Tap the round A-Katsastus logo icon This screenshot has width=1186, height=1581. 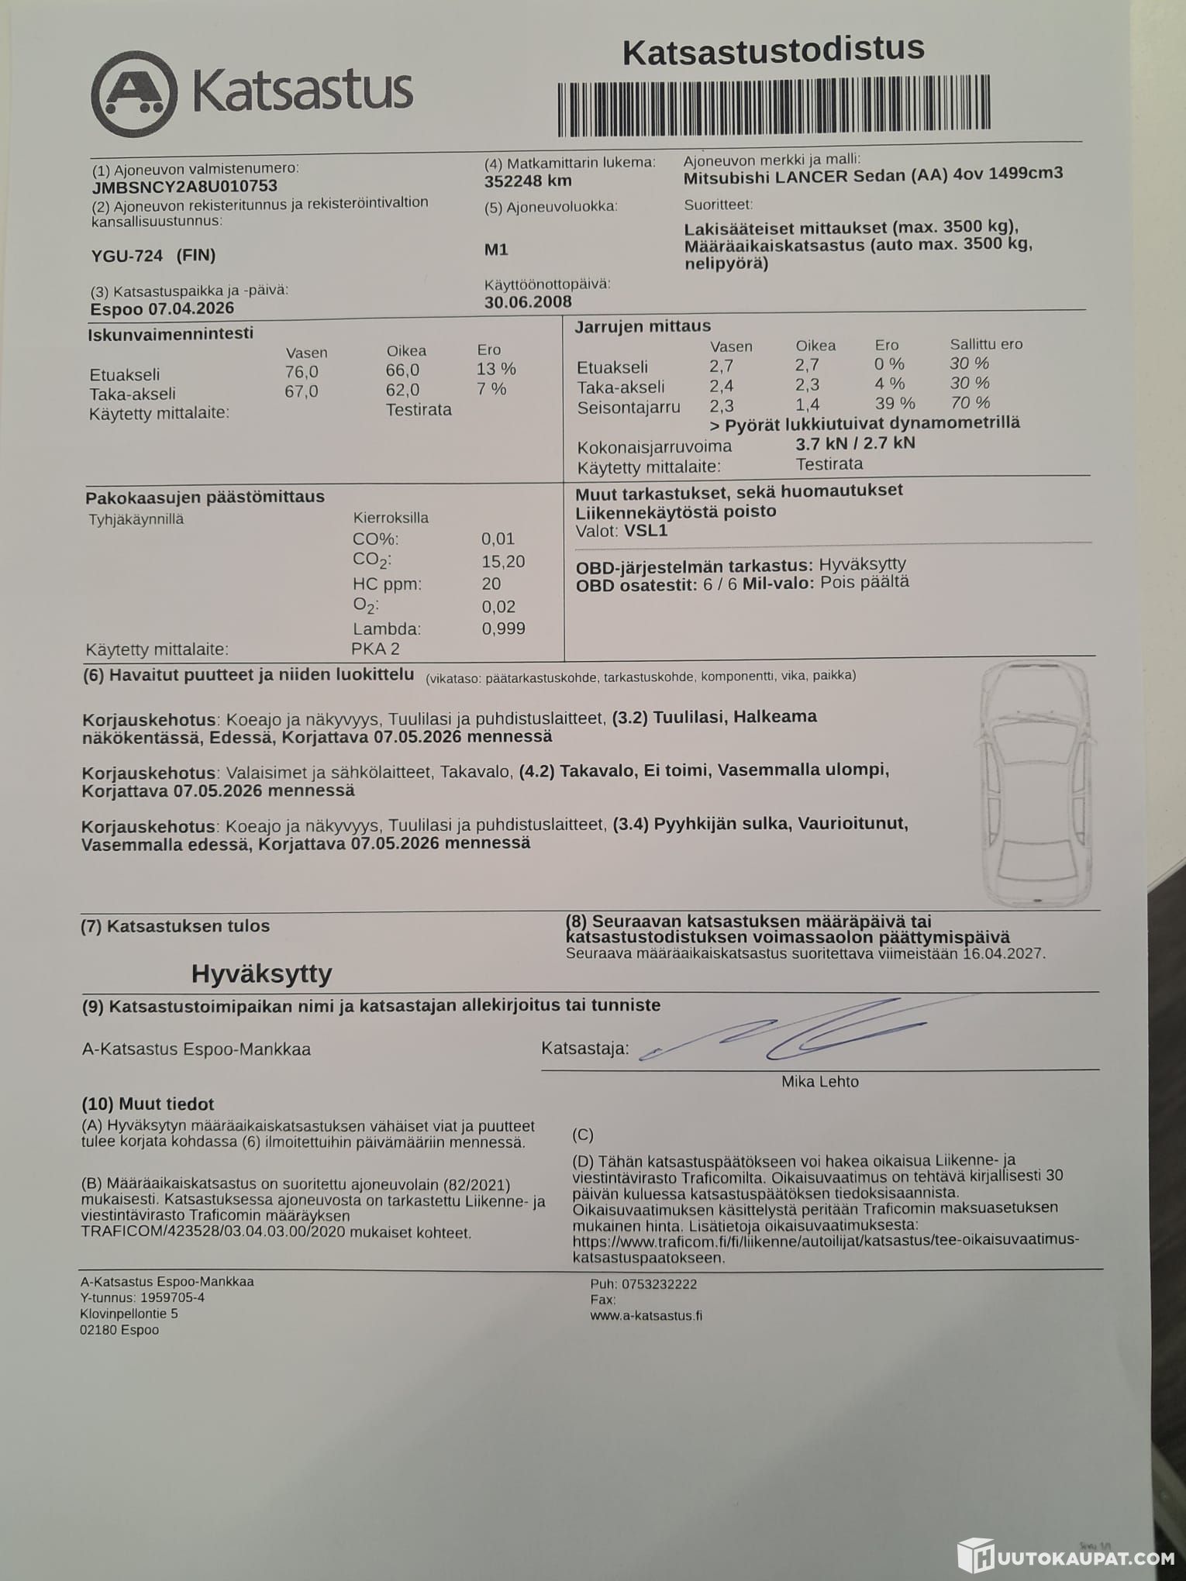point(134,94)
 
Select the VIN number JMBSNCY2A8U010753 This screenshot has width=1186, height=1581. point(184,186)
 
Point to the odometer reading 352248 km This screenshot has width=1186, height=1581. point(528,181)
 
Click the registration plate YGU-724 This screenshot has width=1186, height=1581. point(127,255)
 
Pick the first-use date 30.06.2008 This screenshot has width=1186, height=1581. point(528,301)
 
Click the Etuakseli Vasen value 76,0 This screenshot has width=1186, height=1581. point(302,371)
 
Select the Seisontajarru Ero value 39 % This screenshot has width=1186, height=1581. point(895,404)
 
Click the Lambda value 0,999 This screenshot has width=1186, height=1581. point(503,629)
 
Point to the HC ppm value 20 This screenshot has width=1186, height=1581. point(491,584)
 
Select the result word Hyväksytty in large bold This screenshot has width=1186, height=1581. point(261,973)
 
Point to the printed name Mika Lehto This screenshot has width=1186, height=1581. point(819,1082)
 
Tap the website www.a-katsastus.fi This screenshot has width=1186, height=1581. point(646,1337)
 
